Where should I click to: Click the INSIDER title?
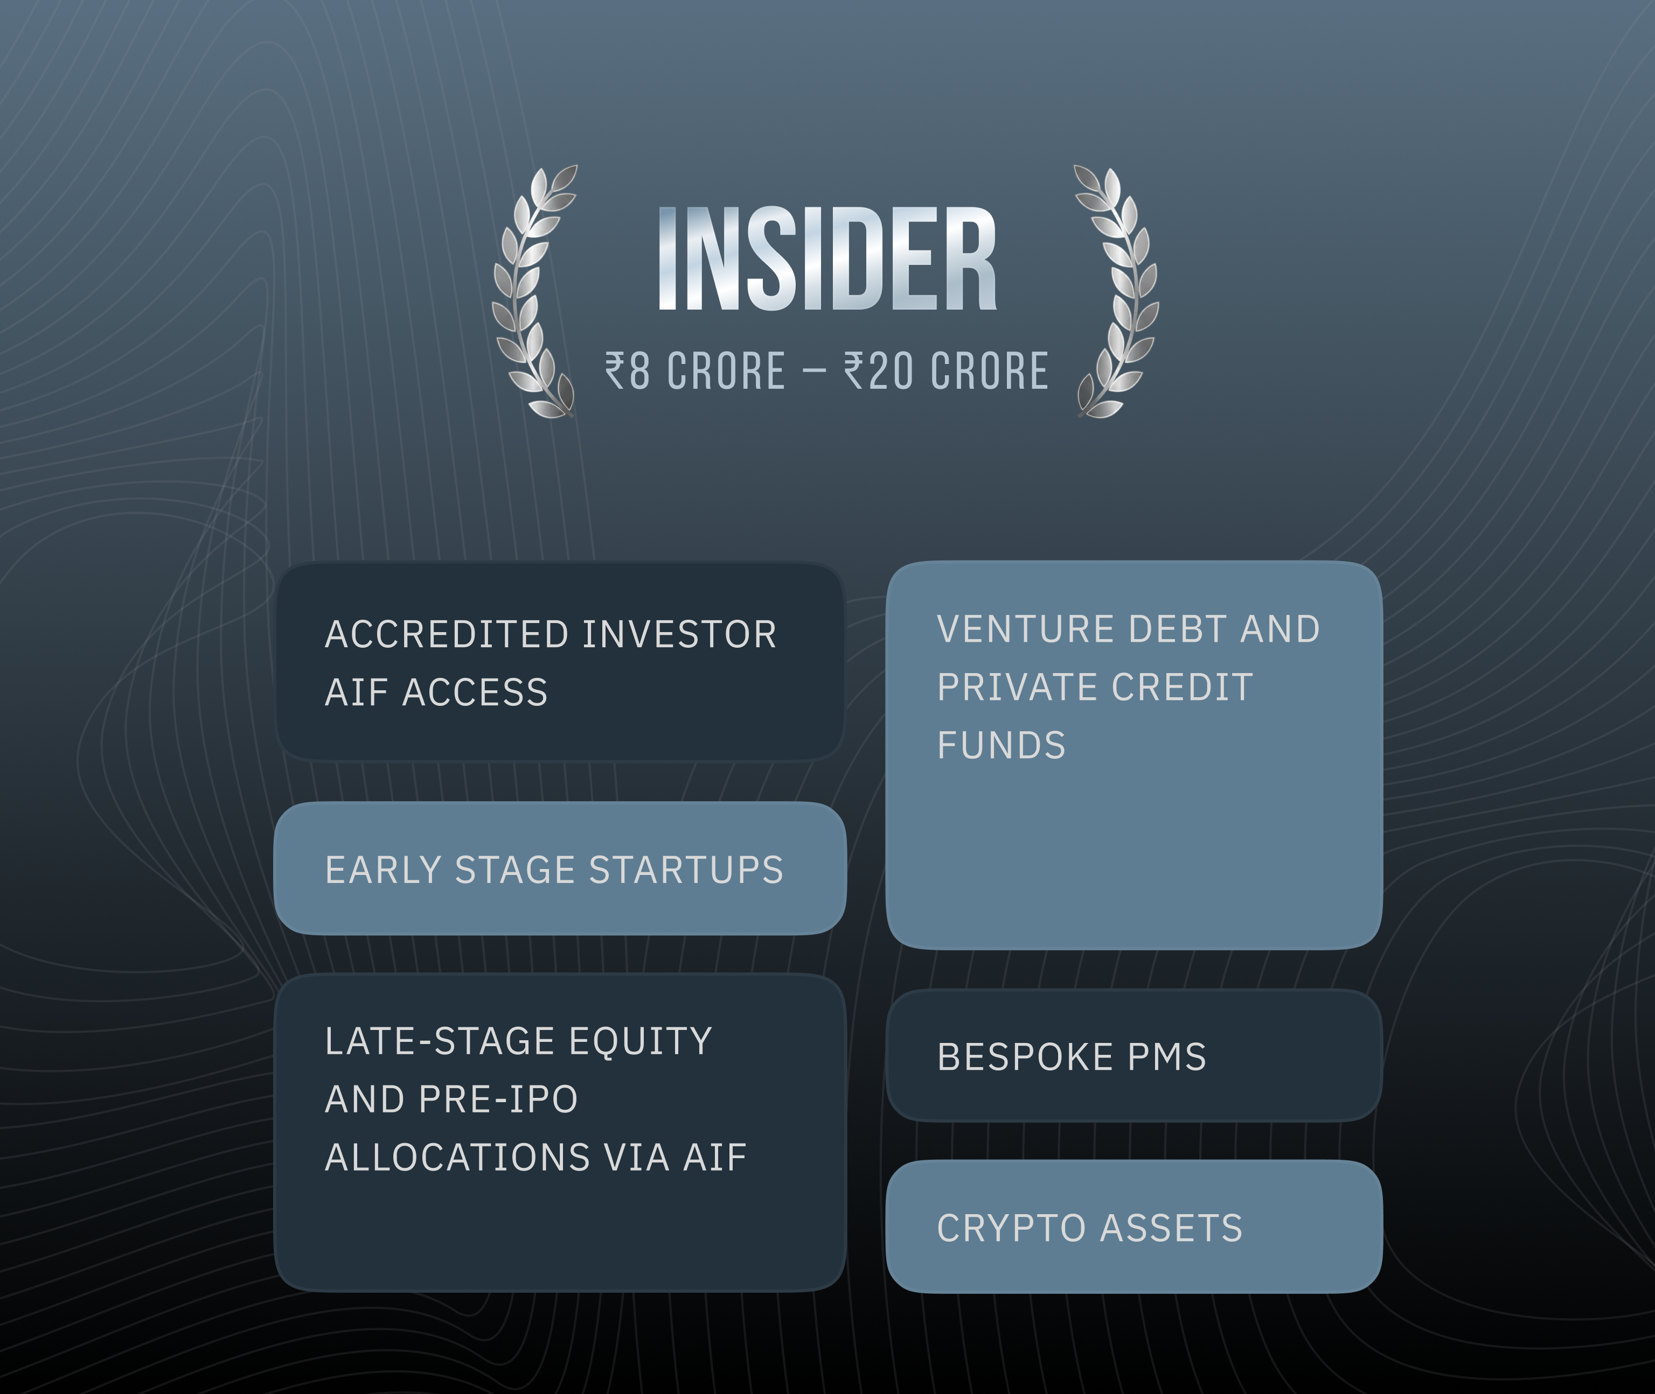pos(827,258)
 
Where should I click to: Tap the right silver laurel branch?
pos(1121,292)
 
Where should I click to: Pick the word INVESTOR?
pos(679,635)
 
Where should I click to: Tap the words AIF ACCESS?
pos(436,693)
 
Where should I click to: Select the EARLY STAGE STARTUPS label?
pos(554,870)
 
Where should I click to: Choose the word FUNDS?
pos(1001,746)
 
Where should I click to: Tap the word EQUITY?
pos(641,1041)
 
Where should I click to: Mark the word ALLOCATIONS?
pos(457,1158)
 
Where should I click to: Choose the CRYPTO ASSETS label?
pos(1090,1229)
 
